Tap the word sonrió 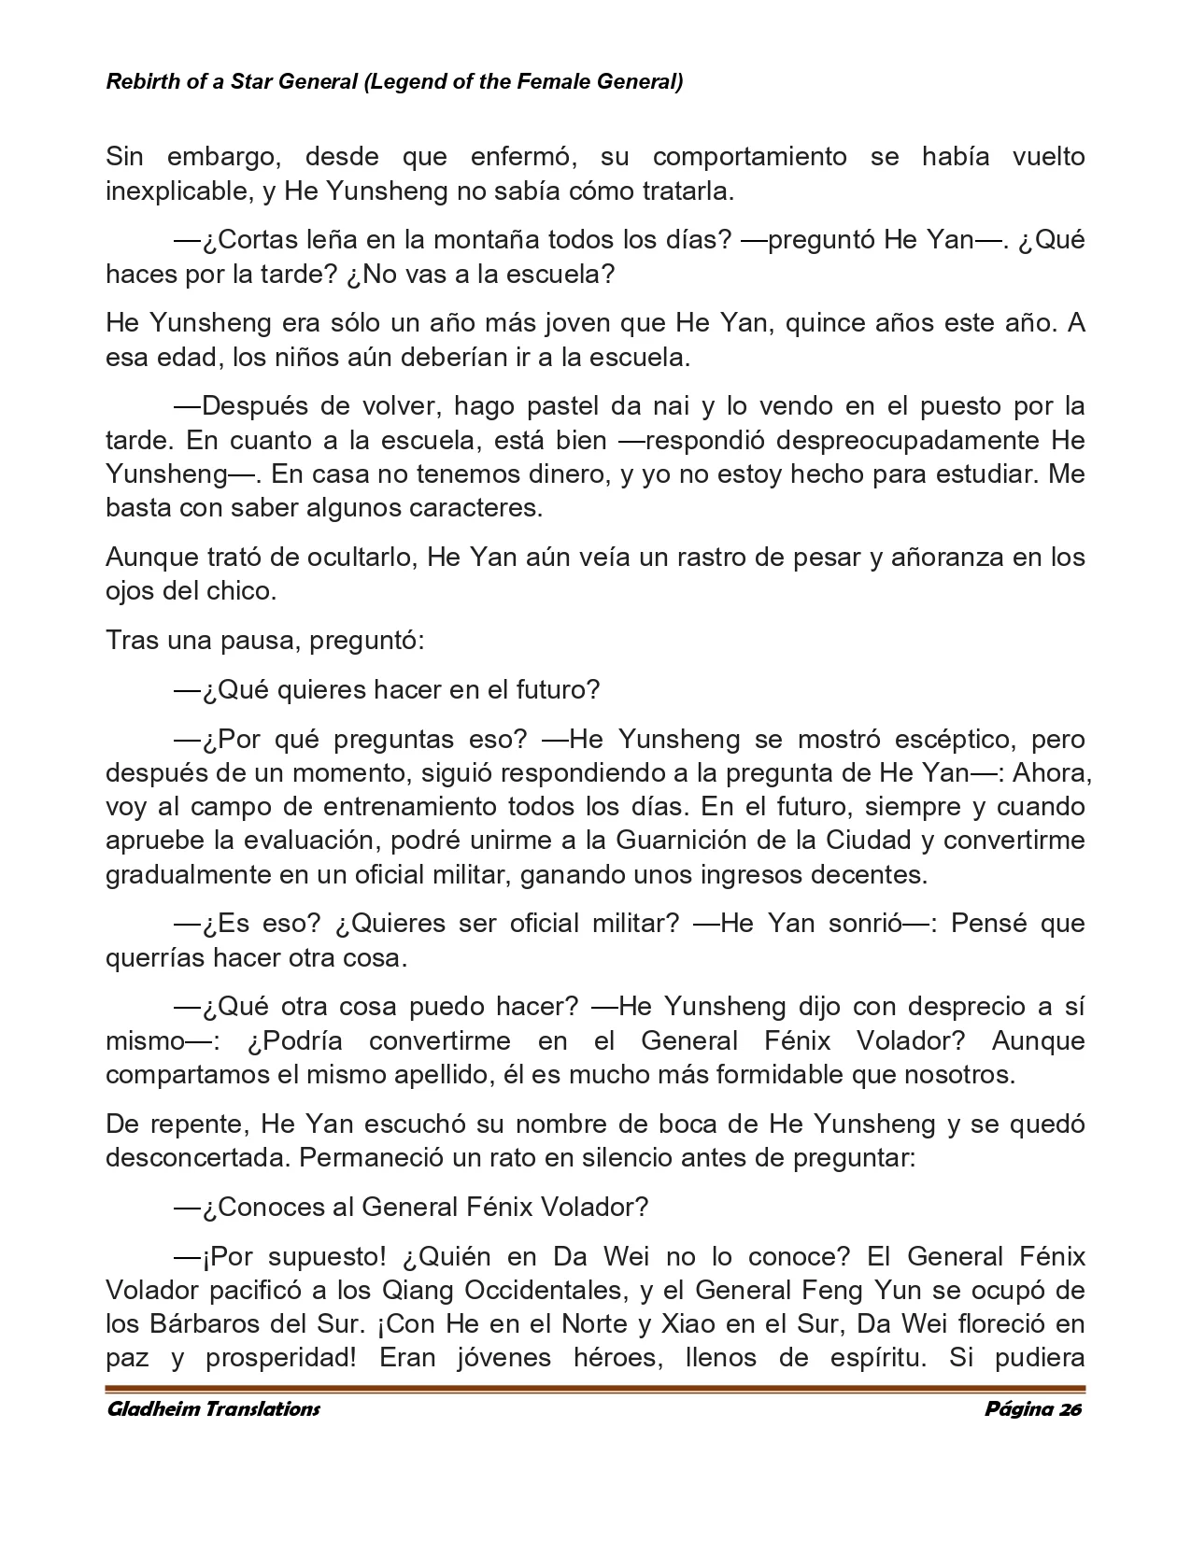856,924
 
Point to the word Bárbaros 197,1324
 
